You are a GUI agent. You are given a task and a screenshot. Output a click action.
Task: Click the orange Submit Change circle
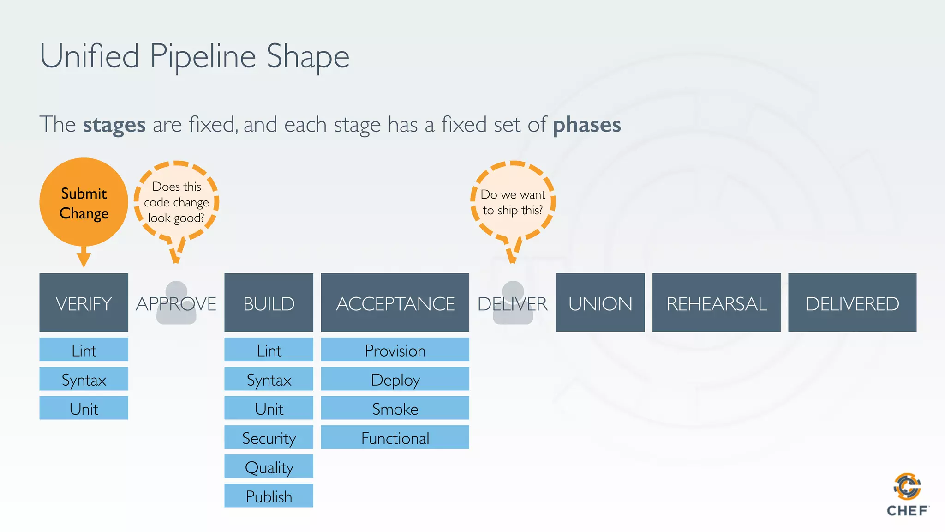coord(84,202)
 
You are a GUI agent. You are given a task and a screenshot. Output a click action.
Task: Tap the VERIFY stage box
coord(84,302)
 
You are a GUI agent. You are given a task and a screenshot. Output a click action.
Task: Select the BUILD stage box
coord(269,302)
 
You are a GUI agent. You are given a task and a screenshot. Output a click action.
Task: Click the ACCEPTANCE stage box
coord(395,302)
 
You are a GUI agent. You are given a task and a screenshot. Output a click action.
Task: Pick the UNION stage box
coord(600,302)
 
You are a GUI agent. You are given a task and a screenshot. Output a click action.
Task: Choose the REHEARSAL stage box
coord(716,302)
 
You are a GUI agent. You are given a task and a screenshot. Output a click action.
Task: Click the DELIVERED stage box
coord(852,302)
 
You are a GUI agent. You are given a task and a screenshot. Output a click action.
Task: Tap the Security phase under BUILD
coord(269,437)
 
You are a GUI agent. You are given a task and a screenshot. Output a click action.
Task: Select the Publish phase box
coord(269,496)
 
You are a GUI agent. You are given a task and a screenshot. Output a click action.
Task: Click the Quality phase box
coord(269,466)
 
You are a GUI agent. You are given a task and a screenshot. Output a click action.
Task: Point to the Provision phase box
coord(395,350)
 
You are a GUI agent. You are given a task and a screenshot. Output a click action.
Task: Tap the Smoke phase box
coord(395,408)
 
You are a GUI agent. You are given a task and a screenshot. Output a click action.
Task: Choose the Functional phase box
coord(395,437)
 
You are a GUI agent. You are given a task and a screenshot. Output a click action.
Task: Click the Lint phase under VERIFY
coord(84,350)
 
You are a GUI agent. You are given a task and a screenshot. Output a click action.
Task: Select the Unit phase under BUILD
coord(269,408)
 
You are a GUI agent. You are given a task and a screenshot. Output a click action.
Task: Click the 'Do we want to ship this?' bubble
coord(513,202)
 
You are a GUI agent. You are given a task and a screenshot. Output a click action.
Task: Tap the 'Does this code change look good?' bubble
coord(176,202)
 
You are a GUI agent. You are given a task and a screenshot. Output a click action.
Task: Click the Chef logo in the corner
coord(907,494)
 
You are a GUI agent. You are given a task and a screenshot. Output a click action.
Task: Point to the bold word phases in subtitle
coord(586,125)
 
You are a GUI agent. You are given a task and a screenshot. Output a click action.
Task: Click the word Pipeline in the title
coord(203,56)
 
